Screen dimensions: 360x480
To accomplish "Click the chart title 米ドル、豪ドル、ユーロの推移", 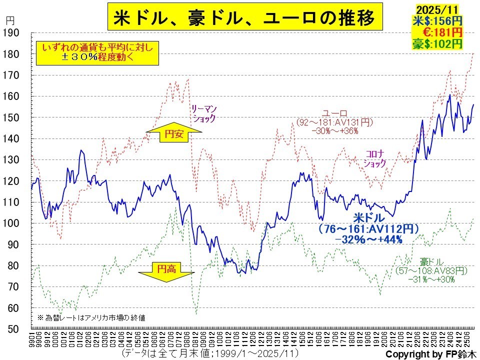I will coord(244,19).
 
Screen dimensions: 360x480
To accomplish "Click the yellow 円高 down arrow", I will coord(166,270).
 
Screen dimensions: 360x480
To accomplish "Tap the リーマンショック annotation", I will coord(204,113).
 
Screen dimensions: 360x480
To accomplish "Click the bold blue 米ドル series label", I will coord(369,218).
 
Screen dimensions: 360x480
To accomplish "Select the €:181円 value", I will coord(439,32).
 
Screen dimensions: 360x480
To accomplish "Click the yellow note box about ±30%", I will coord(97,52).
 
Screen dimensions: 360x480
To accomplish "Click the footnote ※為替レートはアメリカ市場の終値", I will coord(92,317).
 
